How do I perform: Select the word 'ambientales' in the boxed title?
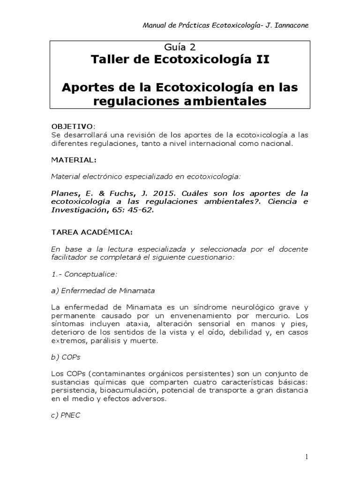[226, 100]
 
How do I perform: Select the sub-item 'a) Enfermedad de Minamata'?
[92, 291]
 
